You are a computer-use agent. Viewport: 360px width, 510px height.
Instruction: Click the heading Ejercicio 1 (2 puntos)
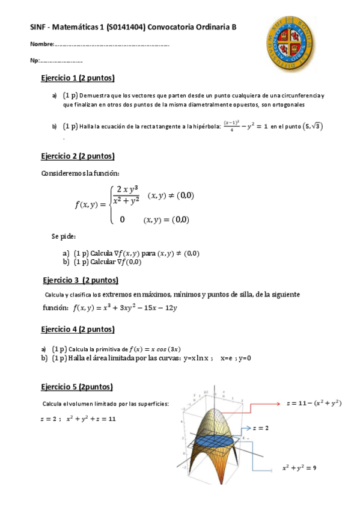click(78, 78)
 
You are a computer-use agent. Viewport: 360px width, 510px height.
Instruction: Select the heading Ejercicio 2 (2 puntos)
click(78, 156)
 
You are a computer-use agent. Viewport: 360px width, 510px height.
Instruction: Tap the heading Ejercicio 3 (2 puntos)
click(81, 280)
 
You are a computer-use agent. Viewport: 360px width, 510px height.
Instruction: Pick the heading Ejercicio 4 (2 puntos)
click(78, 329)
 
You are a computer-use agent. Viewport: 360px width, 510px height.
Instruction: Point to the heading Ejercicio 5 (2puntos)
click(77, 387)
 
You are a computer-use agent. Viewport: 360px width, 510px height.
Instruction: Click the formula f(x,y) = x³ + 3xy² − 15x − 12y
click(124, 308)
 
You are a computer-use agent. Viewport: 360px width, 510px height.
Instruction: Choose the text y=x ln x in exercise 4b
click(197, 358)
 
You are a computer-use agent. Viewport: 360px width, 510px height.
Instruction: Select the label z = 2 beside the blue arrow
click(260, 428)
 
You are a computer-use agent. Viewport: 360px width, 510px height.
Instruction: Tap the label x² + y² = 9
click(299, 467)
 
